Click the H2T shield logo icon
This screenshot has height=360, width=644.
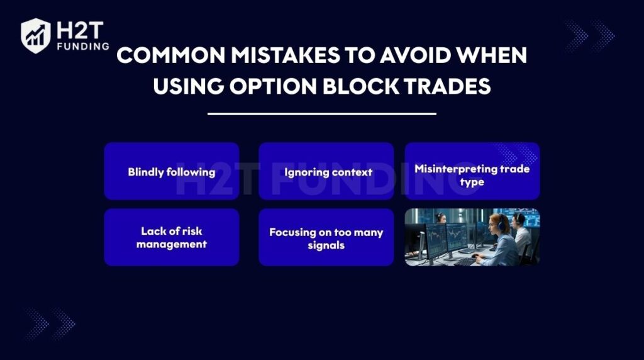pyautogui.click(x=36, y=36)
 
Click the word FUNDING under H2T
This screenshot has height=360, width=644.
pyautogui.click(x=84, y=47)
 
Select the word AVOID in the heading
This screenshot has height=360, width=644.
pyautogui.click(x=415, y=55)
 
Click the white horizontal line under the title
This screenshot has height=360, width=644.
pyautogui.click(x=321, y=114)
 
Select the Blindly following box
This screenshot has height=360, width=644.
pyautogui.click(x=172, y=171)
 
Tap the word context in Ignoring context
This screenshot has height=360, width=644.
pyautogui.click(x=352, y=172)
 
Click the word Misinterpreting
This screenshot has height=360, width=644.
pyautogui.click(x=456, y=169)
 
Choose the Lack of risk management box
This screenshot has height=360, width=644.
pyautogui.click(x=172, y=237)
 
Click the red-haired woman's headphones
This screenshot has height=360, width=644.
pyautogui.click(x=501, y=223)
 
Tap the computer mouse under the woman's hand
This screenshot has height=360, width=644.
pyautogui.click(x=475, y=256)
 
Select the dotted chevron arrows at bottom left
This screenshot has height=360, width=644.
pyautogui.click(x=50, y=324)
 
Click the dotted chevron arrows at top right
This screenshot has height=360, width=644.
pyautogui.click(x=590, y=36)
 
